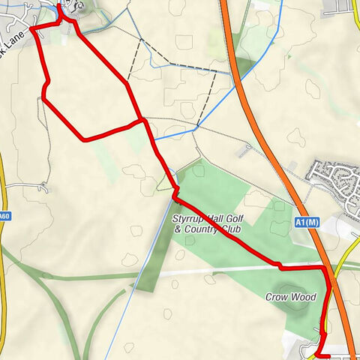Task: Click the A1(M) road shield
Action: pyautogui.click(x=304, y=222)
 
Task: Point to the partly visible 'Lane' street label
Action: pyautogui.click(x=16, y=35)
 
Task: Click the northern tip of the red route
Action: pyautogui.click(x=59, y=6)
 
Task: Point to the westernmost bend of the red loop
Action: pyautogui.click(x=43, y=96)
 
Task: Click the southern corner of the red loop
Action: pyautogui.click(x=82, y=139)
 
